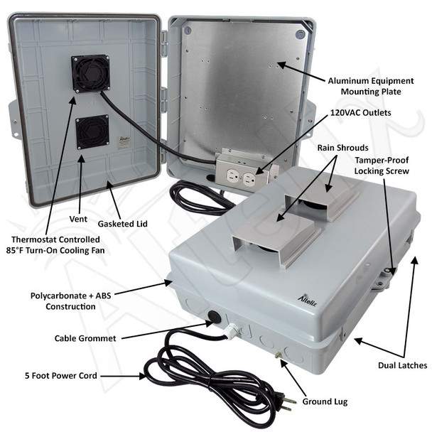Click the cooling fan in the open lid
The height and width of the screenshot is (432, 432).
[x=90, y=74]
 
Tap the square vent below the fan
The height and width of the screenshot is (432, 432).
[x=92, y=132]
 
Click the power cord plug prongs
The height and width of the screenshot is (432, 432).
[x=289, y=402]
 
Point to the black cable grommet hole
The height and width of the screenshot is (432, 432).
[x=215, y=317]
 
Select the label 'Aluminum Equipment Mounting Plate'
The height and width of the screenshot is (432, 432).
[x=371, y=86]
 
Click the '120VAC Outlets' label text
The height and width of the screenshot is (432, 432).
[x=361, y=113]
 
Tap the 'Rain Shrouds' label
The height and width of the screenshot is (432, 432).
[x=342, y=148]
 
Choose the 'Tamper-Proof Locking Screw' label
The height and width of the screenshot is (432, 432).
[x=382, y=166]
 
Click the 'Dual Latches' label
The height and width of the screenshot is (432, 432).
[x=403, y=365]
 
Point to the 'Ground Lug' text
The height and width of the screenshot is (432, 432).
[x=325, y=401]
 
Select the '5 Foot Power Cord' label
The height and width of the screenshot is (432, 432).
[x=61, y=376]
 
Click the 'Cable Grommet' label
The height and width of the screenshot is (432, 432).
[x=85, y=338]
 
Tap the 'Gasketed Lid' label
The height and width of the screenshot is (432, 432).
[x=123, y=224]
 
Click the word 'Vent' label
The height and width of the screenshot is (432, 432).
[x=78, y=219]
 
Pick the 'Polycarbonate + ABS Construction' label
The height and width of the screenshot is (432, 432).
[x=70, y=301]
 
